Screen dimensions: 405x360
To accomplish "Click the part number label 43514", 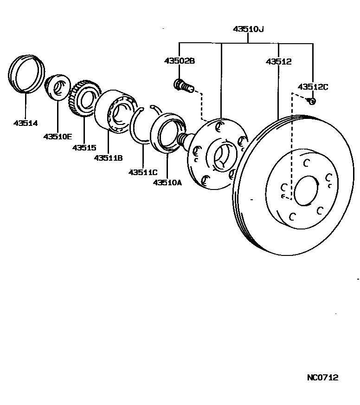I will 26,123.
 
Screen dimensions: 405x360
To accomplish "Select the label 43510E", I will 58,136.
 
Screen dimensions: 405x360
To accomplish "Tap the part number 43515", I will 84,148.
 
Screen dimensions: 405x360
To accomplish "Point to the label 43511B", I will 108,158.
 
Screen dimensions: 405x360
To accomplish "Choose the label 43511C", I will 143,172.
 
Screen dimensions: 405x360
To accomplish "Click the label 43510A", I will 167,183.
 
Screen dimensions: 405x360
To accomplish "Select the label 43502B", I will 179,61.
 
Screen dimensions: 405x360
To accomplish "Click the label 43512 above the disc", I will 279,61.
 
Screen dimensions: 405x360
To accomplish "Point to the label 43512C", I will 313,86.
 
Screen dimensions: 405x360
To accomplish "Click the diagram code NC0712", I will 322,377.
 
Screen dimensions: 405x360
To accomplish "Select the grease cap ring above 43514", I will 26,74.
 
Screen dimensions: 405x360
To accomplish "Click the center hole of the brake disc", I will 306,190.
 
